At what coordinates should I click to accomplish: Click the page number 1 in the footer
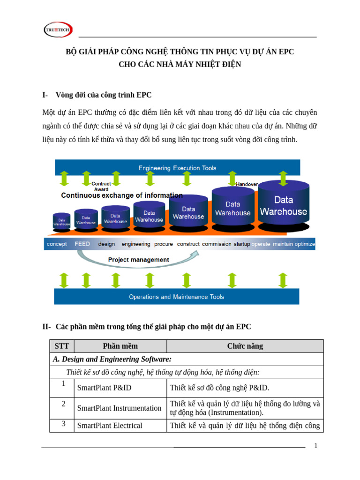click(x=316, y=446)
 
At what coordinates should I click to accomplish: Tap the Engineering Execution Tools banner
click(x=177, y=168)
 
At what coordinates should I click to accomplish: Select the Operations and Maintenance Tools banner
click(x=176, y=297)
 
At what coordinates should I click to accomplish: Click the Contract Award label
click(x=101, y=187)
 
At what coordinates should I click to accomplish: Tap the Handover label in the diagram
click(x=247, y=184)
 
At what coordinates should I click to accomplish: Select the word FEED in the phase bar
click(x=82, y=244)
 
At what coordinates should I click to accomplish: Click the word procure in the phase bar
click(x=163, y=244)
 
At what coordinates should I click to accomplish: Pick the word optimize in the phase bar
click(x=305, y=244)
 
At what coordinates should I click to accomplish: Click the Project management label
click(x=138, y=260)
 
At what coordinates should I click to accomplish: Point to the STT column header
click(x=62, y=346)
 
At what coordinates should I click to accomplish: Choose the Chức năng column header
click(x=245, y=346)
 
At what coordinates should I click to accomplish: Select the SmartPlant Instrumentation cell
click(x=120, y=408)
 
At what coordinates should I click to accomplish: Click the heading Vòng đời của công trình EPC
click(x=103, y=95)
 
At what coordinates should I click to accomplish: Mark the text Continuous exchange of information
click(x=122, y=195)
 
